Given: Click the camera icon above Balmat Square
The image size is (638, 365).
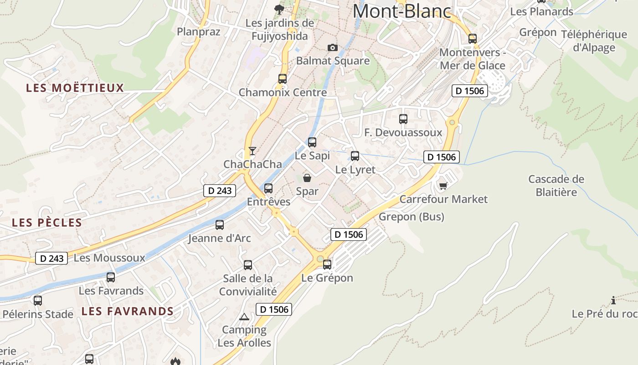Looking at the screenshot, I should click(333, 48).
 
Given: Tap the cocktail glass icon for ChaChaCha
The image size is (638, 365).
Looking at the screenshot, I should click(252, 151).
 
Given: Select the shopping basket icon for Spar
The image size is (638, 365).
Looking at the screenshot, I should click(307, 178).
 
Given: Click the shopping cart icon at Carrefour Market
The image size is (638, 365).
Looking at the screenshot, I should click(443, 186).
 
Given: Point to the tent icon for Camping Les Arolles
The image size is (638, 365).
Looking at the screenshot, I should click(244, 317).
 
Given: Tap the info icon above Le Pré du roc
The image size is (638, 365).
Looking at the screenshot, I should click(613, 300).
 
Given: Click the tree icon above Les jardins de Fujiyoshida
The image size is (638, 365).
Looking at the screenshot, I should click(279, 9).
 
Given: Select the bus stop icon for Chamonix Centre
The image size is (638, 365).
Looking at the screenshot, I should click(283, 79).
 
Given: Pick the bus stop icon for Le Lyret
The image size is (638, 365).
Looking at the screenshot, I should click(355, 156).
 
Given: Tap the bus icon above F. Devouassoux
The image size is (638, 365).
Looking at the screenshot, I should click(403, 119).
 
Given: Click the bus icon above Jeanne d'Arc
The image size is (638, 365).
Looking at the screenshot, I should click(220, 224).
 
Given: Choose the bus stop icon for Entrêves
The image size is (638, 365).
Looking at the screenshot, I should click(268, 188).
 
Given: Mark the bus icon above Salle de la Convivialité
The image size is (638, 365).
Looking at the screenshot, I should click(248, 265).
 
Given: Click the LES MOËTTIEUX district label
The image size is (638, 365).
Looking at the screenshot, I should click(75, 88).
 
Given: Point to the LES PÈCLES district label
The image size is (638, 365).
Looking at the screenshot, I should click(47, 223).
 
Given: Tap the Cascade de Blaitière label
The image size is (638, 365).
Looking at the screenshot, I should click(556, 186).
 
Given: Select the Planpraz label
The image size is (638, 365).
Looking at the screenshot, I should click(199, 31).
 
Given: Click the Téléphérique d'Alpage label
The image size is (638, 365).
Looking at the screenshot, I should click(594, 41).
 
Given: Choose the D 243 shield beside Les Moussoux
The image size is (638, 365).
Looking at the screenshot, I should click(51, 258).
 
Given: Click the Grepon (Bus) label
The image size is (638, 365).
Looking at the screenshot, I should click(411, 217).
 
